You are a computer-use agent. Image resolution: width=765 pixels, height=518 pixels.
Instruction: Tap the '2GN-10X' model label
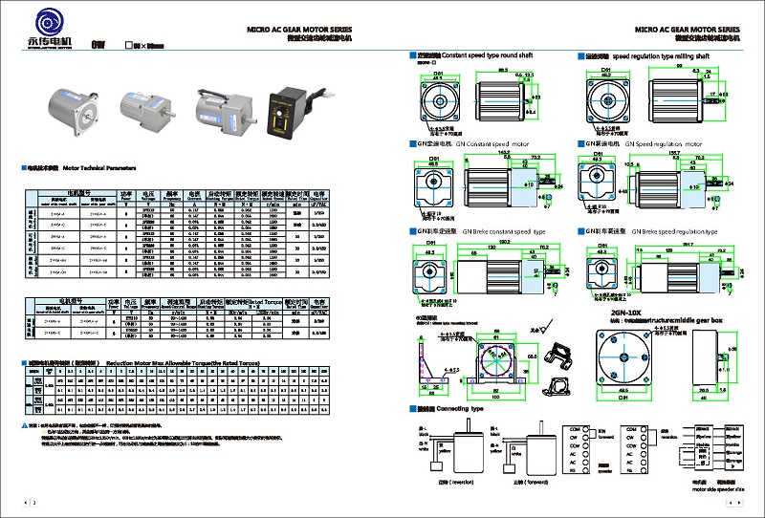click(610, 313)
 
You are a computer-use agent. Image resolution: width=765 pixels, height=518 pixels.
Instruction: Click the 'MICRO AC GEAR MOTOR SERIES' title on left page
click(326, 30)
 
